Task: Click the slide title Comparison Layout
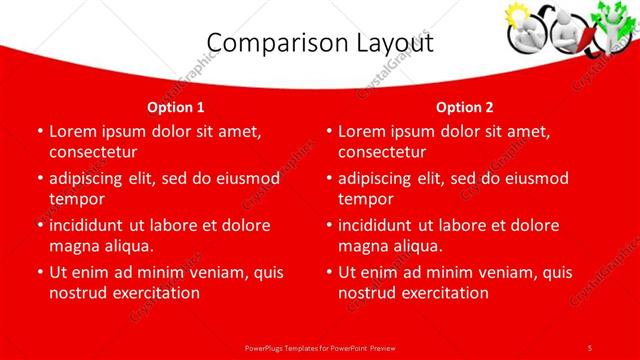pos(320,43)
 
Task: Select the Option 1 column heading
pos(176,106)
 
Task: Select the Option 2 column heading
pos(465,106)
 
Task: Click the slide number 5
pos(590,347)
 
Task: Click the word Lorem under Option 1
pos(73,130)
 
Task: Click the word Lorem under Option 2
pos(362,130)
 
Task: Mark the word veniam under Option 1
pos(229,271)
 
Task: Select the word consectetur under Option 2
pos(382,152)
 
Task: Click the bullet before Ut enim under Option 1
pos(39,272)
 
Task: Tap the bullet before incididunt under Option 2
pos(329,225)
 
